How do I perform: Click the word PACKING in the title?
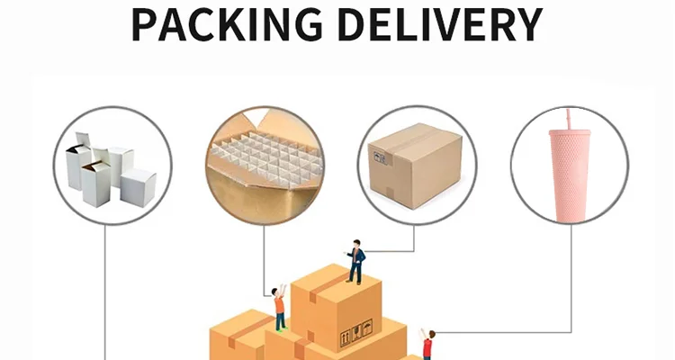click(231, 24)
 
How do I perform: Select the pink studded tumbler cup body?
click(570, 176)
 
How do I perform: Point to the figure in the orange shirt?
click(280, 306)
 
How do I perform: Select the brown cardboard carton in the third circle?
click(415, 166)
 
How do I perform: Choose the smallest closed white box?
click(138, 185)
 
